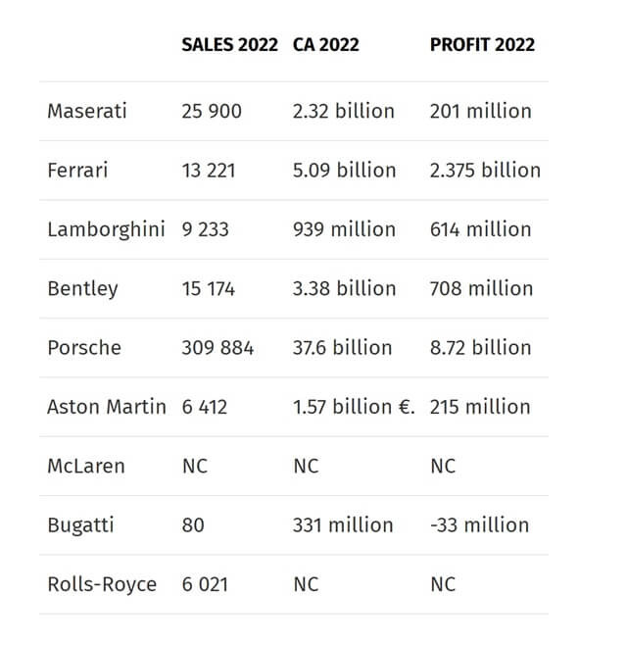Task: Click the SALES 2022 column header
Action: (x=230, y=45)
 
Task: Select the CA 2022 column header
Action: (x=325, y=45)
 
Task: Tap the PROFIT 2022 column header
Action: (x=482, y=45)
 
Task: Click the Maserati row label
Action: (x=87, y=111)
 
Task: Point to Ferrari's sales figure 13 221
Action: (x=208, y=170)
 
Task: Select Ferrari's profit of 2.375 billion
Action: (x=485, y=170)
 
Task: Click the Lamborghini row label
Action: (x=106, y=229)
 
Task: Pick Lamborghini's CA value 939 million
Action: (x=344, y=229)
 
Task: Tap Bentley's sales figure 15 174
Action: (x=208, y=288)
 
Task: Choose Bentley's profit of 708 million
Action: (x=481, y=288)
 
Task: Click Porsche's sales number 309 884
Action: (x=217, y=347)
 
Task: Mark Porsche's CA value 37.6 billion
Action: (x=342, y=347)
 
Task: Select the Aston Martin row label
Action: (x=106, y=406)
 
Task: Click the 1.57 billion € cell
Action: (x=354, y=406)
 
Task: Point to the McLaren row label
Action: (x=86, y=466)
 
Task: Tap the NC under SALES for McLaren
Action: (x=195, y=466)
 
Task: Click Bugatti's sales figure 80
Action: (x=193, y=524)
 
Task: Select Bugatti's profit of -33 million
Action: (x=479, y=524)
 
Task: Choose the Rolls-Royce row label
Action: (x=102, y=584)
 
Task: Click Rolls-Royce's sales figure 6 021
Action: (x=205, y=584)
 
